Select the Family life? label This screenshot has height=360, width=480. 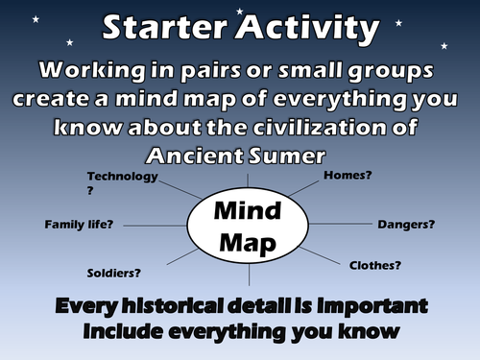point(79,225)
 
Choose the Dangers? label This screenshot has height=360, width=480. point(404,225)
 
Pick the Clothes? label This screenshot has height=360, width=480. point(375,265)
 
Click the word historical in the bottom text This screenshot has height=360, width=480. point(189,308)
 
